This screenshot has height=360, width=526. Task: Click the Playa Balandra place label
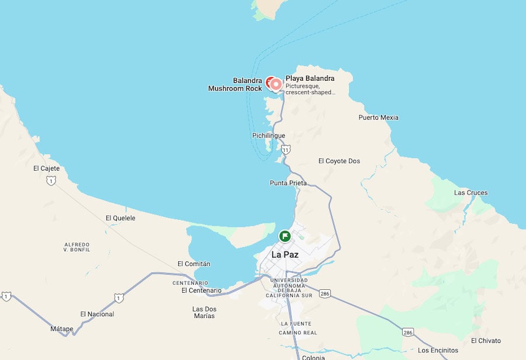(310, 78)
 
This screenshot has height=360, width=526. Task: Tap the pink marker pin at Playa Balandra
(276, 85)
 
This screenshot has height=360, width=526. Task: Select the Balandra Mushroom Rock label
(235, 85)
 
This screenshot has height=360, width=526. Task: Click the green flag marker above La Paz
(285, 236)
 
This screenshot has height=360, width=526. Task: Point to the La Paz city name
(285, 255)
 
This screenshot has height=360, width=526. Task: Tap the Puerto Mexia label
(378, 117)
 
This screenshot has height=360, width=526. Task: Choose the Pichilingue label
(268, 136)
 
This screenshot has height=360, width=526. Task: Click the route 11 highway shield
(285, 150)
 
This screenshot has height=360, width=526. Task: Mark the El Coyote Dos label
(339, 161)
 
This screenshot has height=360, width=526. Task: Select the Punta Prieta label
(288, 183)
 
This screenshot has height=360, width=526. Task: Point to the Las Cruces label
(470, 193)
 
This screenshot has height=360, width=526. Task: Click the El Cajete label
(46, 168)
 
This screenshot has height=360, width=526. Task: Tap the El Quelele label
(120, 218)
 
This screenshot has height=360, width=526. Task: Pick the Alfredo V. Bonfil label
(77, 247)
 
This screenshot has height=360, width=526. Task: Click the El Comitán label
(193, 264)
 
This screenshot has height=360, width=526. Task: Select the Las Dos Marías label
(204, 312)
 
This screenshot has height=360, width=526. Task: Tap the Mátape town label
(62, 329)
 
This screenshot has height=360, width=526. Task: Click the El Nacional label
(97, 314)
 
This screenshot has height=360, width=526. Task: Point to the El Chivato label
(486, 341)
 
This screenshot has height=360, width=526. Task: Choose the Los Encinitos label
(438, 350)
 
